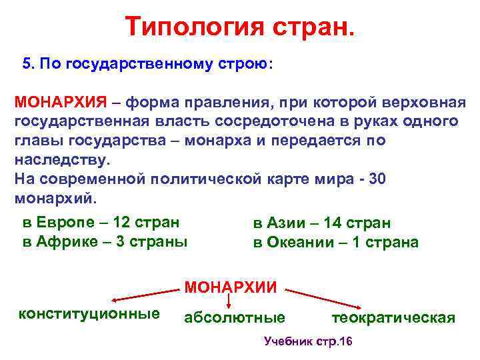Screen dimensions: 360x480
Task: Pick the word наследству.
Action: tap(60, 160)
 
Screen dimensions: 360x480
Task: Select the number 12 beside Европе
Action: tap(123, 222)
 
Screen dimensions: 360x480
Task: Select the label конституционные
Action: tap(89, 313)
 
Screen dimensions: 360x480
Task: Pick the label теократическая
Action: tap(393, 318)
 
